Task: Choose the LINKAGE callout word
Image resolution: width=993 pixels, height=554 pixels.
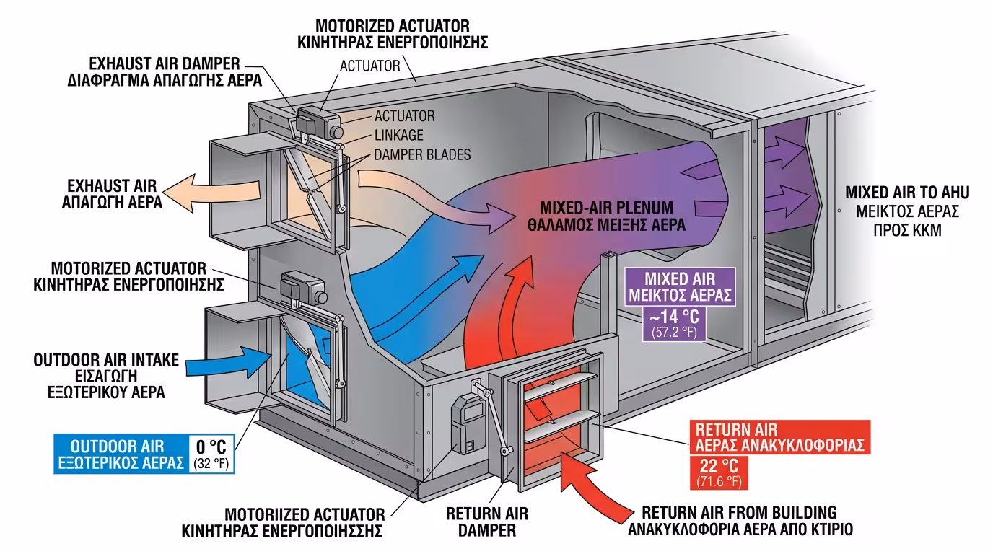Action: [x=399, y=135]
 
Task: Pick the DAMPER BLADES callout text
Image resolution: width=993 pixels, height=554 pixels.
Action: [x=422, y=154]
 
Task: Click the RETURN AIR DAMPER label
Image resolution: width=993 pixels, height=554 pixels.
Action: [x=487, y=522]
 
